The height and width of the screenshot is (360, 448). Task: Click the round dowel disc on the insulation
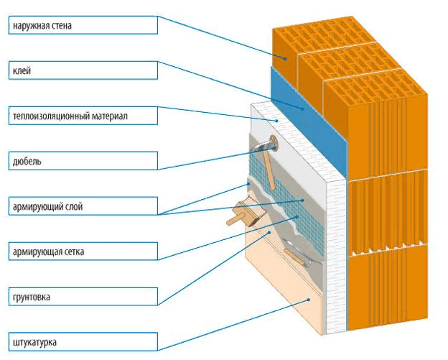point(274,144)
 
